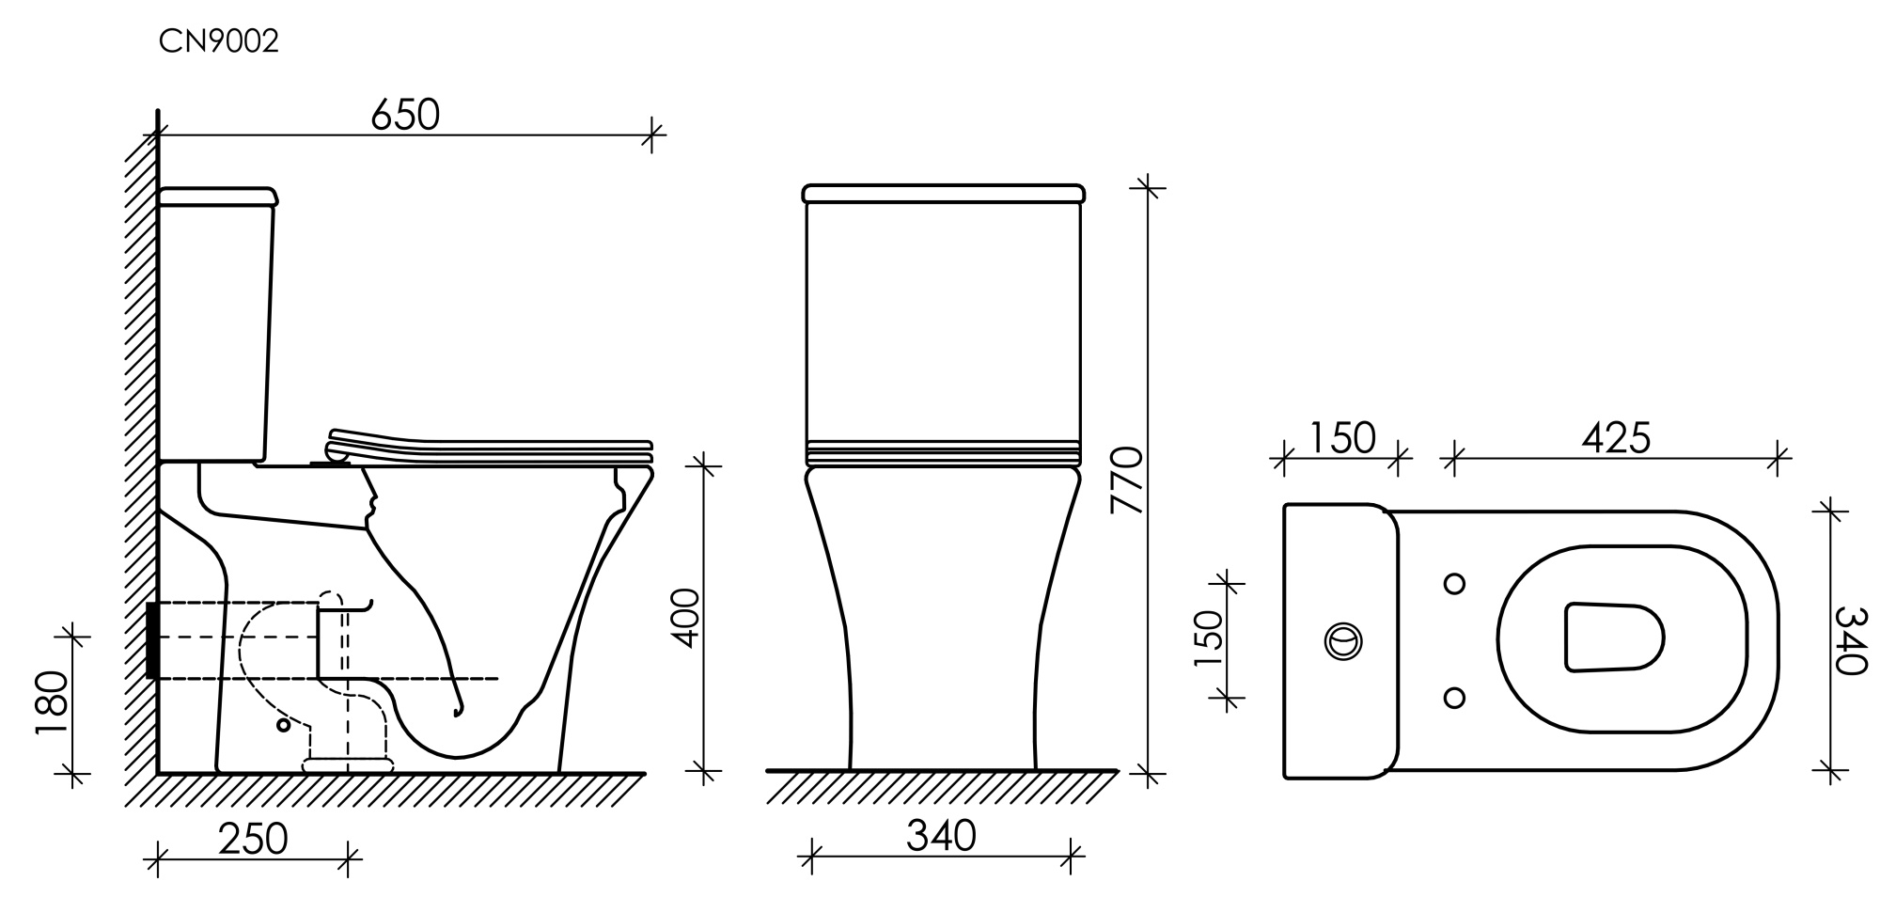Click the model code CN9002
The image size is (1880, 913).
218,42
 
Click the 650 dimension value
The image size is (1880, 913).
405,115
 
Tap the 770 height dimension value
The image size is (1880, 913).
1126,480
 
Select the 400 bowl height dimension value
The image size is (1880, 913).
687,618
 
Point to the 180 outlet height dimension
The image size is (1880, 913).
55,705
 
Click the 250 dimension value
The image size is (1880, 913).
253,840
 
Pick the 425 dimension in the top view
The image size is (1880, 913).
1616,438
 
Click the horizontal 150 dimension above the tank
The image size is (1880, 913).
1341,438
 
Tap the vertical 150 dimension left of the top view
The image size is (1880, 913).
1209,638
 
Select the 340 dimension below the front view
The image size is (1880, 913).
941,836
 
